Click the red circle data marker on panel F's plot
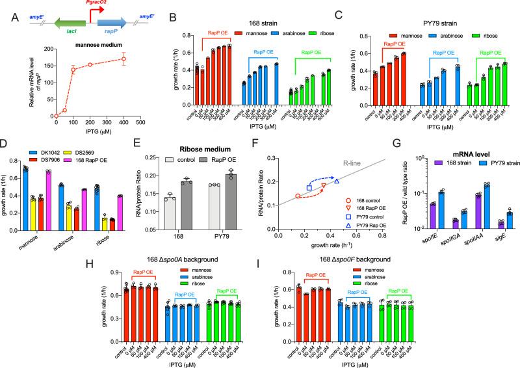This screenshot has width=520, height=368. [x=298, y=196]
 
